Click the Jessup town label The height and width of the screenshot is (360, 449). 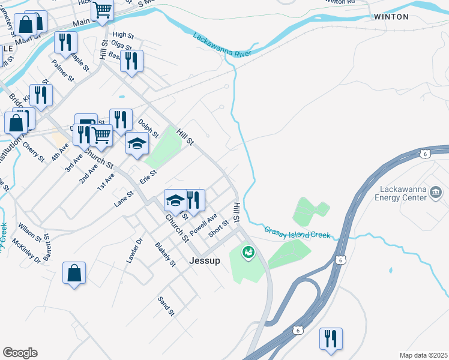205,261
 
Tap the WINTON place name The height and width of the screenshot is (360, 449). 391,17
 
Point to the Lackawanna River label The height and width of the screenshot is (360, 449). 222,46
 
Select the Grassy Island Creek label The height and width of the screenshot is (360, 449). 297,232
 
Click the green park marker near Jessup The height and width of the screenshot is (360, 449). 247,253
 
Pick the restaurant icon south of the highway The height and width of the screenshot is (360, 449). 331,338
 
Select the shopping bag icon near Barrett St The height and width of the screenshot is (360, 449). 74,273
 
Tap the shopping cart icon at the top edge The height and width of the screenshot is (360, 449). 103,10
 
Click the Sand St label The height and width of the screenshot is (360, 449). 166,306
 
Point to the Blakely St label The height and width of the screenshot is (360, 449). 166,254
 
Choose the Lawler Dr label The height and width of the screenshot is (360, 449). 134,250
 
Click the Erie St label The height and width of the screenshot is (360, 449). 148,176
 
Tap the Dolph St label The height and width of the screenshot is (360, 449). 148,127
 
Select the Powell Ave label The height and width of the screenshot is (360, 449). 203,224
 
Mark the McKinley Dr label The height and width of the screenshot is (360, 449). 26,252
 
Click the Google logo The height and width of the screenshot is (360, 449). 20,353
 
